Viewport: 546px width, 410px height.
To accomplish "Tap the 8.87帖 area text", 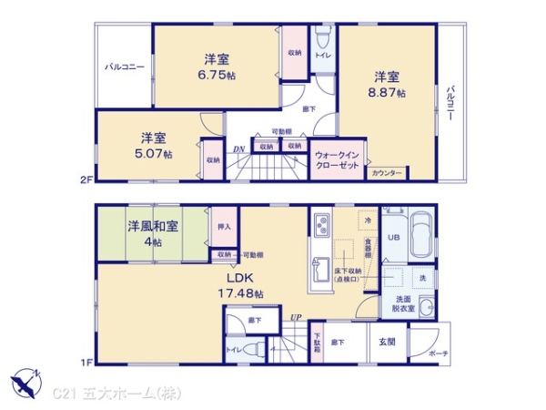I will pyautogui.click(x=389, y=93).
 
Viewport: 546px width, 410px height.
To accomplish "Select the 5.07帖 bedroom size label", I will pyautogui.click(x=154, y=155).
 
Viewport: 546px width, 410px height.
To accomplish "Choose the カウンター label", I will pyautogui.click(x=388, y=173).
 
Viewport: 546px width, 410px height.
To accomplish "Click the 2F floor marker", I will pyautogui.click(x=86, y=180).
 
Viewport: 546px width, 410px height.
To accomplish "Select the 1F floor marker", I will pyautogui.click(x=86, y=363).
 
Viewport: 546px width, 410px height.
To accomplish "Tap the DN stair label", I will pyautogui.click(x=238, y=149).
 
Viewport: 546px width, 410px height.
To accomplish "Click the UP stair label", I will pyautogui.click(x=296, y=317).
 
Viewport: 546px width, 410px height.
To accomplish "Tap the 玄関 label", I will pyautogui.click(x=386, y=342).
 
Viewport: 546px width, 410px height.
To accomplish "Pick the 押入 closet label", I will pyautogui.click(x=225, y=227).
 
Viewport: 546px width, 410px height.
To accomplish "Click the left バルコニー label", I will pyautogui.click(x=124, y=67).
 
